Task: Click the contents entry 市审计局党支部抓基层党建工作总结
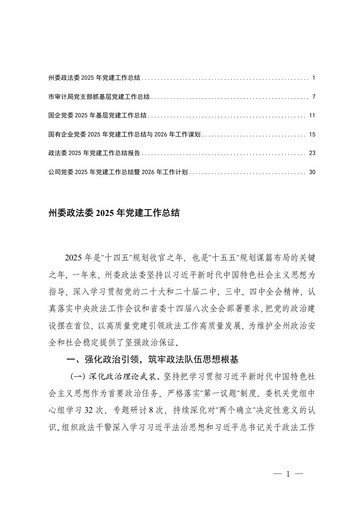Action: coord(99,98)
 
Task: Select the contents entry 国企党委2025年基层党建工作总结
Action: coord(97,116)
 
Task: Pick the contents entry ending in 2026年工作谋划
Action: coord(124,135)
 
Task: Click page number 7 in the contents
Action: coord(314,98)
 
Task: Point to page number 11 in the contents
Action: coord(312,116)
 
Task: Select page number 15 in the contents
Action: coord(312,135)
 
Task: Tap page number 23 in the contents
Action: coord(312,153)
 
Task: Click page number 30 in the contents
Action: coord(312,172)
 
